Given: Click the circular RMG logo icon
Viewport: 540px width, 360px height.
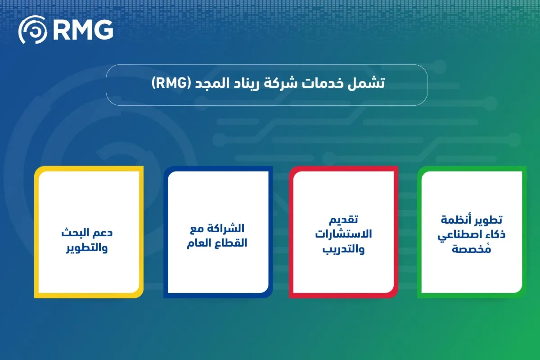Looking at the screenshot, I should pyautogui.click(x=32, y=30).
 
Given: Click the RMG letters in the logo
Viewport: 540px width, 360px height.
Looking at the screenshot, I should pyautogui.click(x=83, y=30).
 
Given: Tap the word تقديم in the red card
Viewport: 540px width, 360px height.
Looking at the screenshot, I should pyautogui.click(x=343, y=220).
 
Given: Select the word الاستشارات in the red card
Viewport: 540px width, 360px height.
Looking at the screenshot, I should pyautogui.click(x=343, y=234).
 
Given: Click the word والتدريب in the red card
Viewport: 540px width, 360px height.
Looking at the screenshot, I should pyautogui.click(x=343, y=249).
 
